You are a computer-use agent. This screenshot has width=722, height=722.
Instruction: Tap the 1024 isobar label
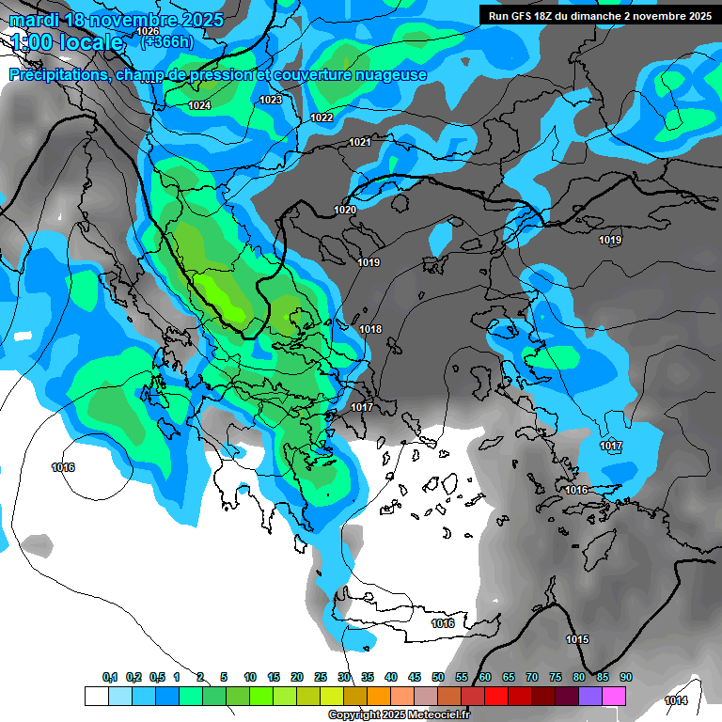click(x=199, y=106)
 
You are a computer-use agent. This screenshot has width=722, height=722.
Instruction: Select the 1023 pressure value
click(x=271, y=100)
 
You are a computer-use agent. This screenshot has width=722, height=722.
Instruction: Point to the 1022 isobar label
click(x=322, y=118)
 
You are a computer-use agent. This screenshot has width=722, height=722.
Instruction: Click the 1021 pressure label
click(x=360, y=142)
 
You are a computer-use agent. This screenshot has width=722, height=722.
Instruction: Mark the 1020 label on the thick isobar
click(x=345, y=210)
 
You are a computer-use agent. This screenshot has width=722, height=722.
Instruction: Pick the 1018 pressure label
click(x=370, y=329)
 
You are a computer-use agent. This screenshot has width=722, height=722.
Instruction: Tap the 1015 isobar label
click(x=577, y=639)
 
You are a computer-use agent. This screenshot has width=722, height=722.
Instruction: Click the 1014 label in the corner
click(x=675, y=700)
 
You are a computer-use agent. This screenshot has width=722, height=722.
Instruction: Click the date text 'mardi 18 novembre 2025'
click(x=117, y=20)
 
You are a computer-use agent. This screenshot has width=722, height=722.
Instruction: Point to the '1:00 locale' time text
click(x=67, y=42)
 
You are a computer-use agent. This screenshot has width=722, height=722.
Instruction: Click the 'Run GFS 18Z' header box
click(x=597, y=15)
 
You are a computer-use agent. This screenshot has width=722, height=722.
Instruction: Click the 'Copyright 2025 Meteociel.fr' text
click(x=399, y=715)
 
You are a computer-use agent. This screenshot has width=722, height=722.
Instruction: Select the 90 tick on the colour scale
click(x=625, y=677)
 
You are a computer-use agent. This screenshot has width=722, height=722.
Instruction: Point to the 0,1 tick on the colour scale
click(x=110, y=677)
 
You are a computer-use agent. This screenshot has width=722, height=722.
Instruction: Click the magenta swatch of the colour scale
click(x=614, y=696)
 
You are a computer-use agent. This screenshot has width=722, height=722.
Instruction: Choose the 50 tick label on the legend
click(x=438, y=677)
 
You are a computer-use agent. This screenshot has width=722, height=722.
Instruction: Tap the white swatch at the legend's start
click(x=96, y=696)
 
